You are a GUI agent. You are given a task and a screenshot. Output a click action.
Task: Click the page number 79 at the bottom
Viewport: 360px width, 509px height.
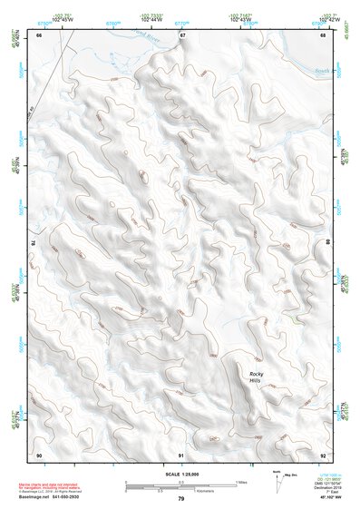(x=180, y=499)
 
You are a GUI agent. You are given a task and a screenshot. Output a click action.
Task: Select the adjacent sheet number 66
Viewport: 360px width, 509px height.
(x=39, y=34)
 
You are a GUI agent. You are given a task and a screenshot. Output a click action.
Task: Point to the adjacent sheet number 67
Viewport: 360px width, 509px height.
(x=181, y=34)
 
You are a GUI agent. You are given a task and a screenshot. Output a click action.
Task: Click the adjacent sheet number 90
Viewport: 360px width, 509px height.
(x=39, y=454)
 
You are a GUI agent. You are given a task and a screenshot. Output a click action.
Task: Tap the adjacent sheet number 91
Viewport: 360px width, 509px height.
(x=181, y=454)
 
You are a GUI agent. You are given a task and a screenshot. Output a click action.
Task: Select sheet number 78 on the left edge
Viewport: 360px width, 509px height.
(x=34, y=243)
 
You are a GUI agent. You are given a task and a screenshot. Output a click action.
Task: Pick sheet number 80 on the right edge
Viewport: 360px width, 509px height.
(x=327, y=243)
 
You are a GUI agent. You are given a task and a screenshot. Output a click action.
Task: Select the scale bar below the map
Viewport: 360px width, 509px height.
(x=180, y=486)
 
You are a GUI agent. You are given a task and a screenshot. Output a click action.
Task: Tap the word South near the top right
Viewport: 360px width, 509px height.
(x=321, y=70)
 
